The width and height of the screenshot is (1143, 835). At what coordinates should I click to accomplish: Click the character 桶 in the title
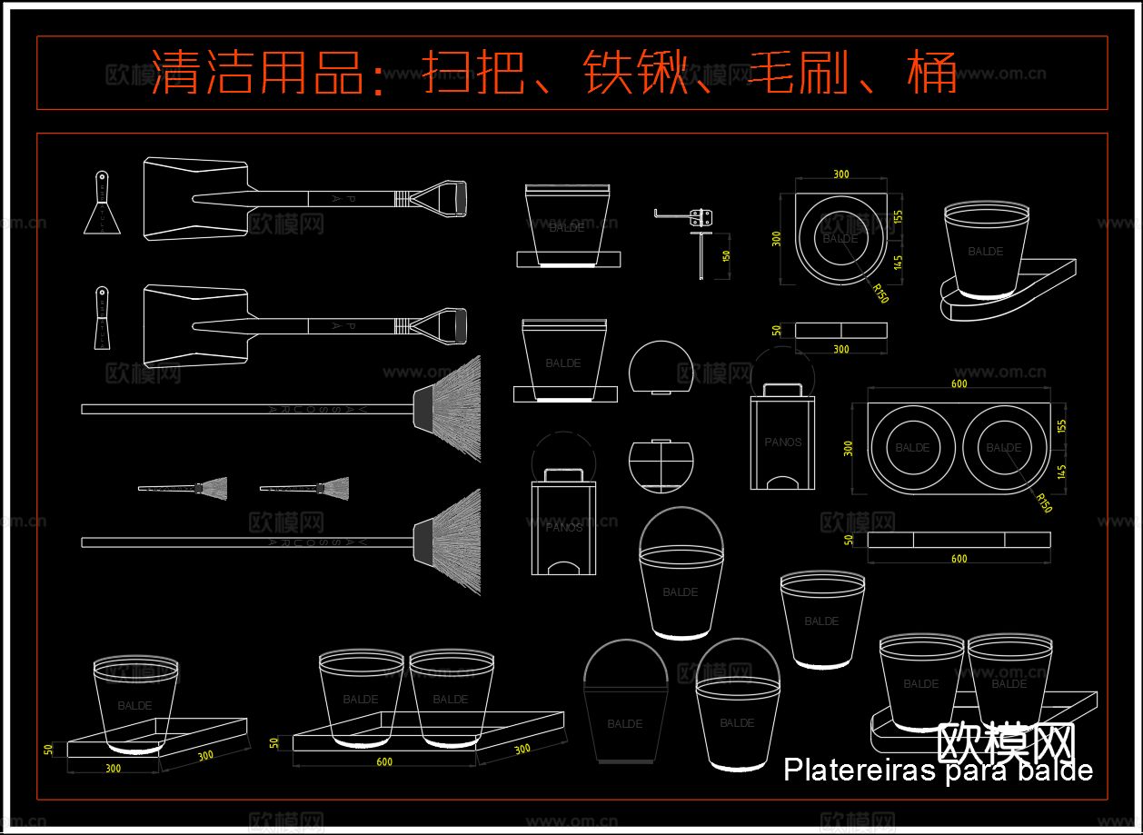[932, 73]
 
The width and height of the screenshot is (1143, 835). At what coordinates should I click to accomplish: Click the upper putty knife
[101, 204]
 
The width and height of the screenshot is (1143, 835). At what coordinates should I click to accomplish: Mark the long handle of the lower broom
[245, 542]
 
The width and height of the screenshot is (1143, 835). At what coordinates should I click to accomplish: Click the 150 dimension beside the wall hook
[725, 255]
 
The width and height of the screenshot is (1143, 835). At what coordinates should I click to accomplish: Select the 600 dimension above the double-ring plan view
[959, 384]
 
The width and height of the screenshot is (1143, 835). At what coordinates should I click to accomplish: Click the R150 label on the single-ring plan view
[880, 293]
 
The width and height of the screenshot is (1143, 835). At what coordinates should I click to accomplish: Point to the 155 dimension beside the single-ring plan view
[898, 217]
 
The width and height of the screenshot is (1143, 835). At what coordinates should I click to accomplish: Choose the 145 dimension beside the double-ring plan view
[1062, 472]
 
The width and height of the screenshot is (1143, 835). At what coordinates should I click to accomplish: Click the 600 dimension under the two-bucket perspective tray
[384, 762]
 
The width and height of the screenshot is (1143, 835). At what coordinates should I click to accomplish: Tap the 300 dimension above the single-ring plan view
[840, 174]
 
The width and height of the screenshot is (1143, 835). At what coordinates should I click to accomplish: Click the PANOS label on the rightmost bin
[782, 442]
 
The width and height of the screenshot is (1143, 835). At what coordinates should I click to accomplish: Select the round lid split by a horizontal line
[661, 464]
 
